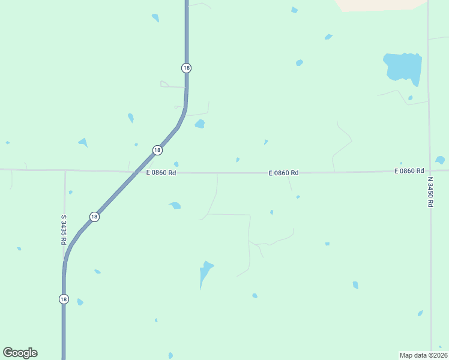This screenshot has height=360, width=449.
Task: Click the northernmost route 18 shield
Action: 186,68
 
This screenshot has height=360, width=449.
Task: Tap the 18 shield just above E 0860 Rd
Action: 157,150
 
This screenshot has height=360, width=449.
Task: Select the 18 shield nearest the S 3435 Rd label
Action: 94,217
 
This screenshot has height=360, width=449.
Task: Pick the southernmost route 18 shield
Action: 64,299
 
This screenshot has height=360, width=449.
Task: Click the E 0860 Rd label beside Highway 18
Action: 161,173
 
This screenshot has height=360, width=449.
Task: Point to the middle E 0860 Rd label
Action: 283,173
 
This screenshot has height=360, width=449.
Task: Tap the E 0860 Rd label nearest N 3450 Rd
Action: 409,171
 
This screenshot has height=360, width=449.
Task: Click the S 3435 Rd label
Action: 63,230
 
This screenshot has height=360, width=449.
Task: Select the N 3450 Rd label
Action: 430,191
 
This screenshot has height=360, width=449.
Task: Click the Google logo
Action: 20,353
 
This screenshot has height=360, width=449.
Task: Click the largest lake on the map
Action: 402,67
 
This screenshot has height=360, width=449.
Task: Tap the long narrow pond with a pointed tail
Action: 205,273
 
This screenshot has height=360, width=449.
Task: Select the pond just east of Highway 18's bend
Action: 200,124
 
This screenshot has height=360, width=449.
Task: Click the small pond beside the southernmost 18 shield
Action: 80,302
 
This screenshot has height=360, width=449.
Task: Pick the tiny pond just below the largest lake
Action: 411,98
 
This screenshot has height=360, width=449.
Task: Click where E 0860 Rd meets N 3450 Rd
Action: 429,170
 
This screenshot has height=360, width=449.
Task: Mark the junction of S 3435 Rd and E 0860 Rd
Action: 65,170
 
